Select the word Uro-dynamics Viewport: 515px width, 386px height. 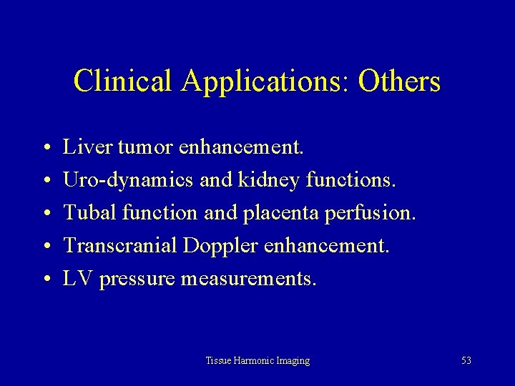(x=128, y=181)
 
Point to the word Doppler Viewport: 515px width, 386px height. (x=221, y=247)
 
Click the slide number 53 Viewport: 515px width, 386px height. (x=466, y=361)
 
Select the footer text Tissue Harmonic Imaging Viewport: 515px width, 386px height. (x=257, y=361)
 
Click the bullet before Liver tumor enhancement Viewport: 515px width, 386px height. (x=45, y=149)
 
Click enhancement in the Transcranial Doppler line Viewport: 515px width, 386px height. (x=327, y=247)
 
